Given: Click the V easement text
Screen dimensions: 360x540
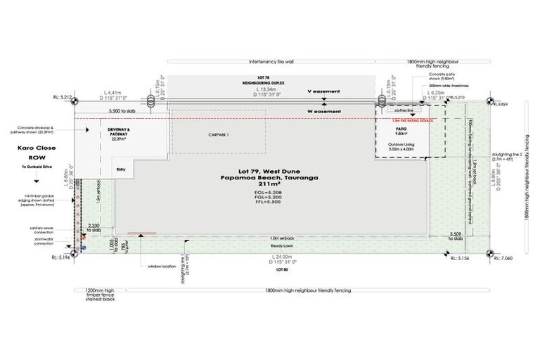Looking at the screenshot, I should click(x=323, y=92).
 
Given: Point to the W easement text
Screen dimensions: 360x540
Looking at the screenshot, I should click(x=323, y=111).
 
